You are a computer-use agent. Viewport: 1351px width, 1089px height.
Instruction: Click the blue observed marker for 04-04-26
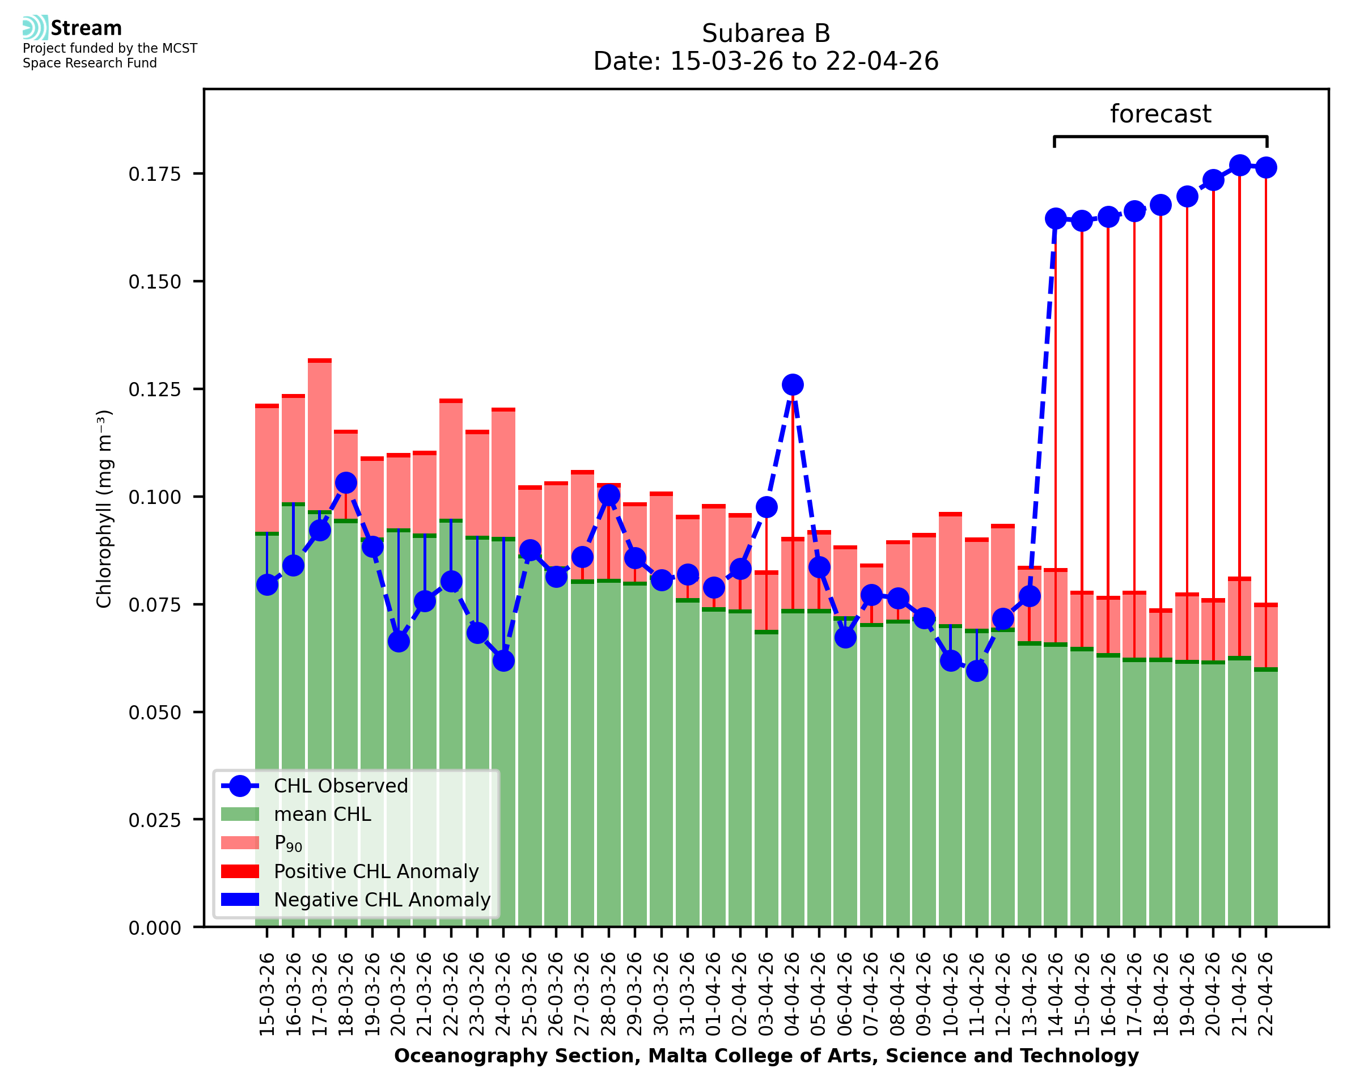(792, 384)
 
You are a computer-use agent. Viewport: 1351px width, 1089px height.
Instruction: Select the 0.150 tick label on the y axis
(154, 282)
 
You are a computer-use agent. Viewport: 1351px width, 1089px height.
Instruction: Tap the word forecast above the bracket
(1160, 114)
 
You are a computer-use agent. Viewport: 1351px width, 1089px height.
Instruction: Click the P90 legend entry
(288, 843)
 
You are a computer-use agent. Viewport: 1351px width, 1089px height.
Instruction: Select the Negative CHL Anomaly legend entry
(382, 900)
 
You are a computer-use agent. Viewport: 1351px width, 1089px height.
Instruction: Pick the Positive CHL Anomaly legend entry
(376, 871)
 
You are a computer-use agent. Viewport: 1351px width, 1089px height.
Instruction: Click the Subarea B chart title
(766, 33)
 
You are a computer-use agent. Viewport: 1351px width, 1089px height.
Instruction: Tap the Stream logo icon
(35, 28)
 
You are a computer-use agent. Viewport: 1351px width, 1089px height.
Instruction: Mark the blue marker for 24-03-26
(503, 660)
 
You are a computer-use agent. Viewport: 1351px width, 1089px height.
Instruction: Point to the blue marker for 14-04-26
(1056, 218)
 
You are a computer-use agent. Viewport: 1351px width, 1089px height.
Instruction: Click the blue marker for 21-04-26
(1239, 166)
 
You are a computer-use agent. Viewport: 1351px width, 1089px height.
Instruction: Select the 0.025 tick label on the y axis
(154, 820)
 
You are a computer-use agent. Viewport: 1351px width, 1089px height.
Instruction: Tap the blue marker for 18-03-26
(346, 482)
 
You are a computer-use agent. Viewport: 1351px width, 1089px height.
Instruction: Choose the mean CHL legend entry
(322, 814)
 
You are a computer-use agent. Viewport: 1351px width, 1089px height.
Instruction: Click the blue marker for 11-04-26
(977, 671)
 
